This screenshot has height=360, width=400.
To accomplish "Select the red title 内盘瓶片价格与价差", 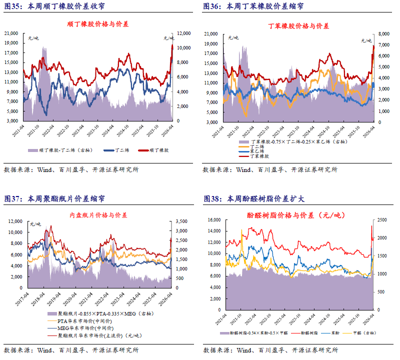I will (98, 215).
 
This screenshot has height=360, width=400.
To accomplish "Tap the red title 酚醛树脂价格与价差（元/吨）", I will (296, 215).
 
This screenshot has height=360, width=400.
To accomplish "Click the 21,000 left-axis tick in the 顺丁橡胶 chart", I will (11, 33).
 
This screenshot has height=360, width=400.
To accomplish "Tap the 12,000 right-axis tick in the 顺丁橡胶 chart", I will (183, 33).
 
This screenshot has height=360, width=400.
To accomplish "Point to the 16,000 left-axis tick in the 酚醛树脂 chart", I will (213, 220).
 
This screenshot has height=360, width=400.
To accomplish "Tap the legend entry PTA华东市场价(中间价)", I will (78, 320).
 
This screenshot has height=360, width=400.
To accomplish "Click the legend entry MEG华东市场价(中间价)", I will (79, 327).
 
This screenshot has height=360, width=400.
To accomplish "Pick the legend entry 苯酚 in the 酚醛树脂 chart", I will (326, 332).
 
